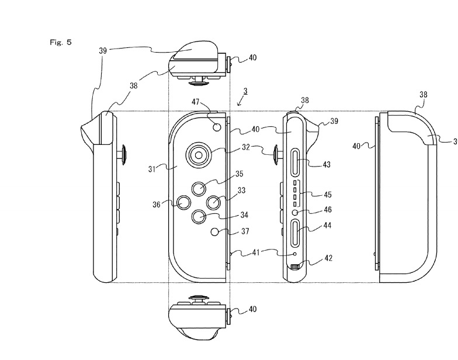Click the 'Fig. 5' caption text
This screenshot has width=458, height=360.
[61, 42]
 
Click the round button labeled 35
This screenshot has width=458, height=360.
[199, 188]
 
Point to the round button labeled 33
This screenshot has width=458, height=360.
[214, 202]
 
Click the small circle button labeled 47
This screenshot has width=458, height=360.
[217, 126]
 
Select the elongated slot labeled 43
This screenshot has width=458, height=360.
[297, 160]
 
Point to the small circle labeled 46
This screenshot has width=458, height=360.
[297, 212]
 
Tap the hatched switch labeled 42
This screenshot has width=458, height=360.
[296, 268]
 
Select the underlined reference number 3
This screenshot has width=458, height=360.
[245, 91]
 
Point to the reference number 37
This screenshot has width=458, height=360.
[245, 231]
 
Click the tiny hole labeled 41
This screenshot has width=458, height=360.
[296, 254]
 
